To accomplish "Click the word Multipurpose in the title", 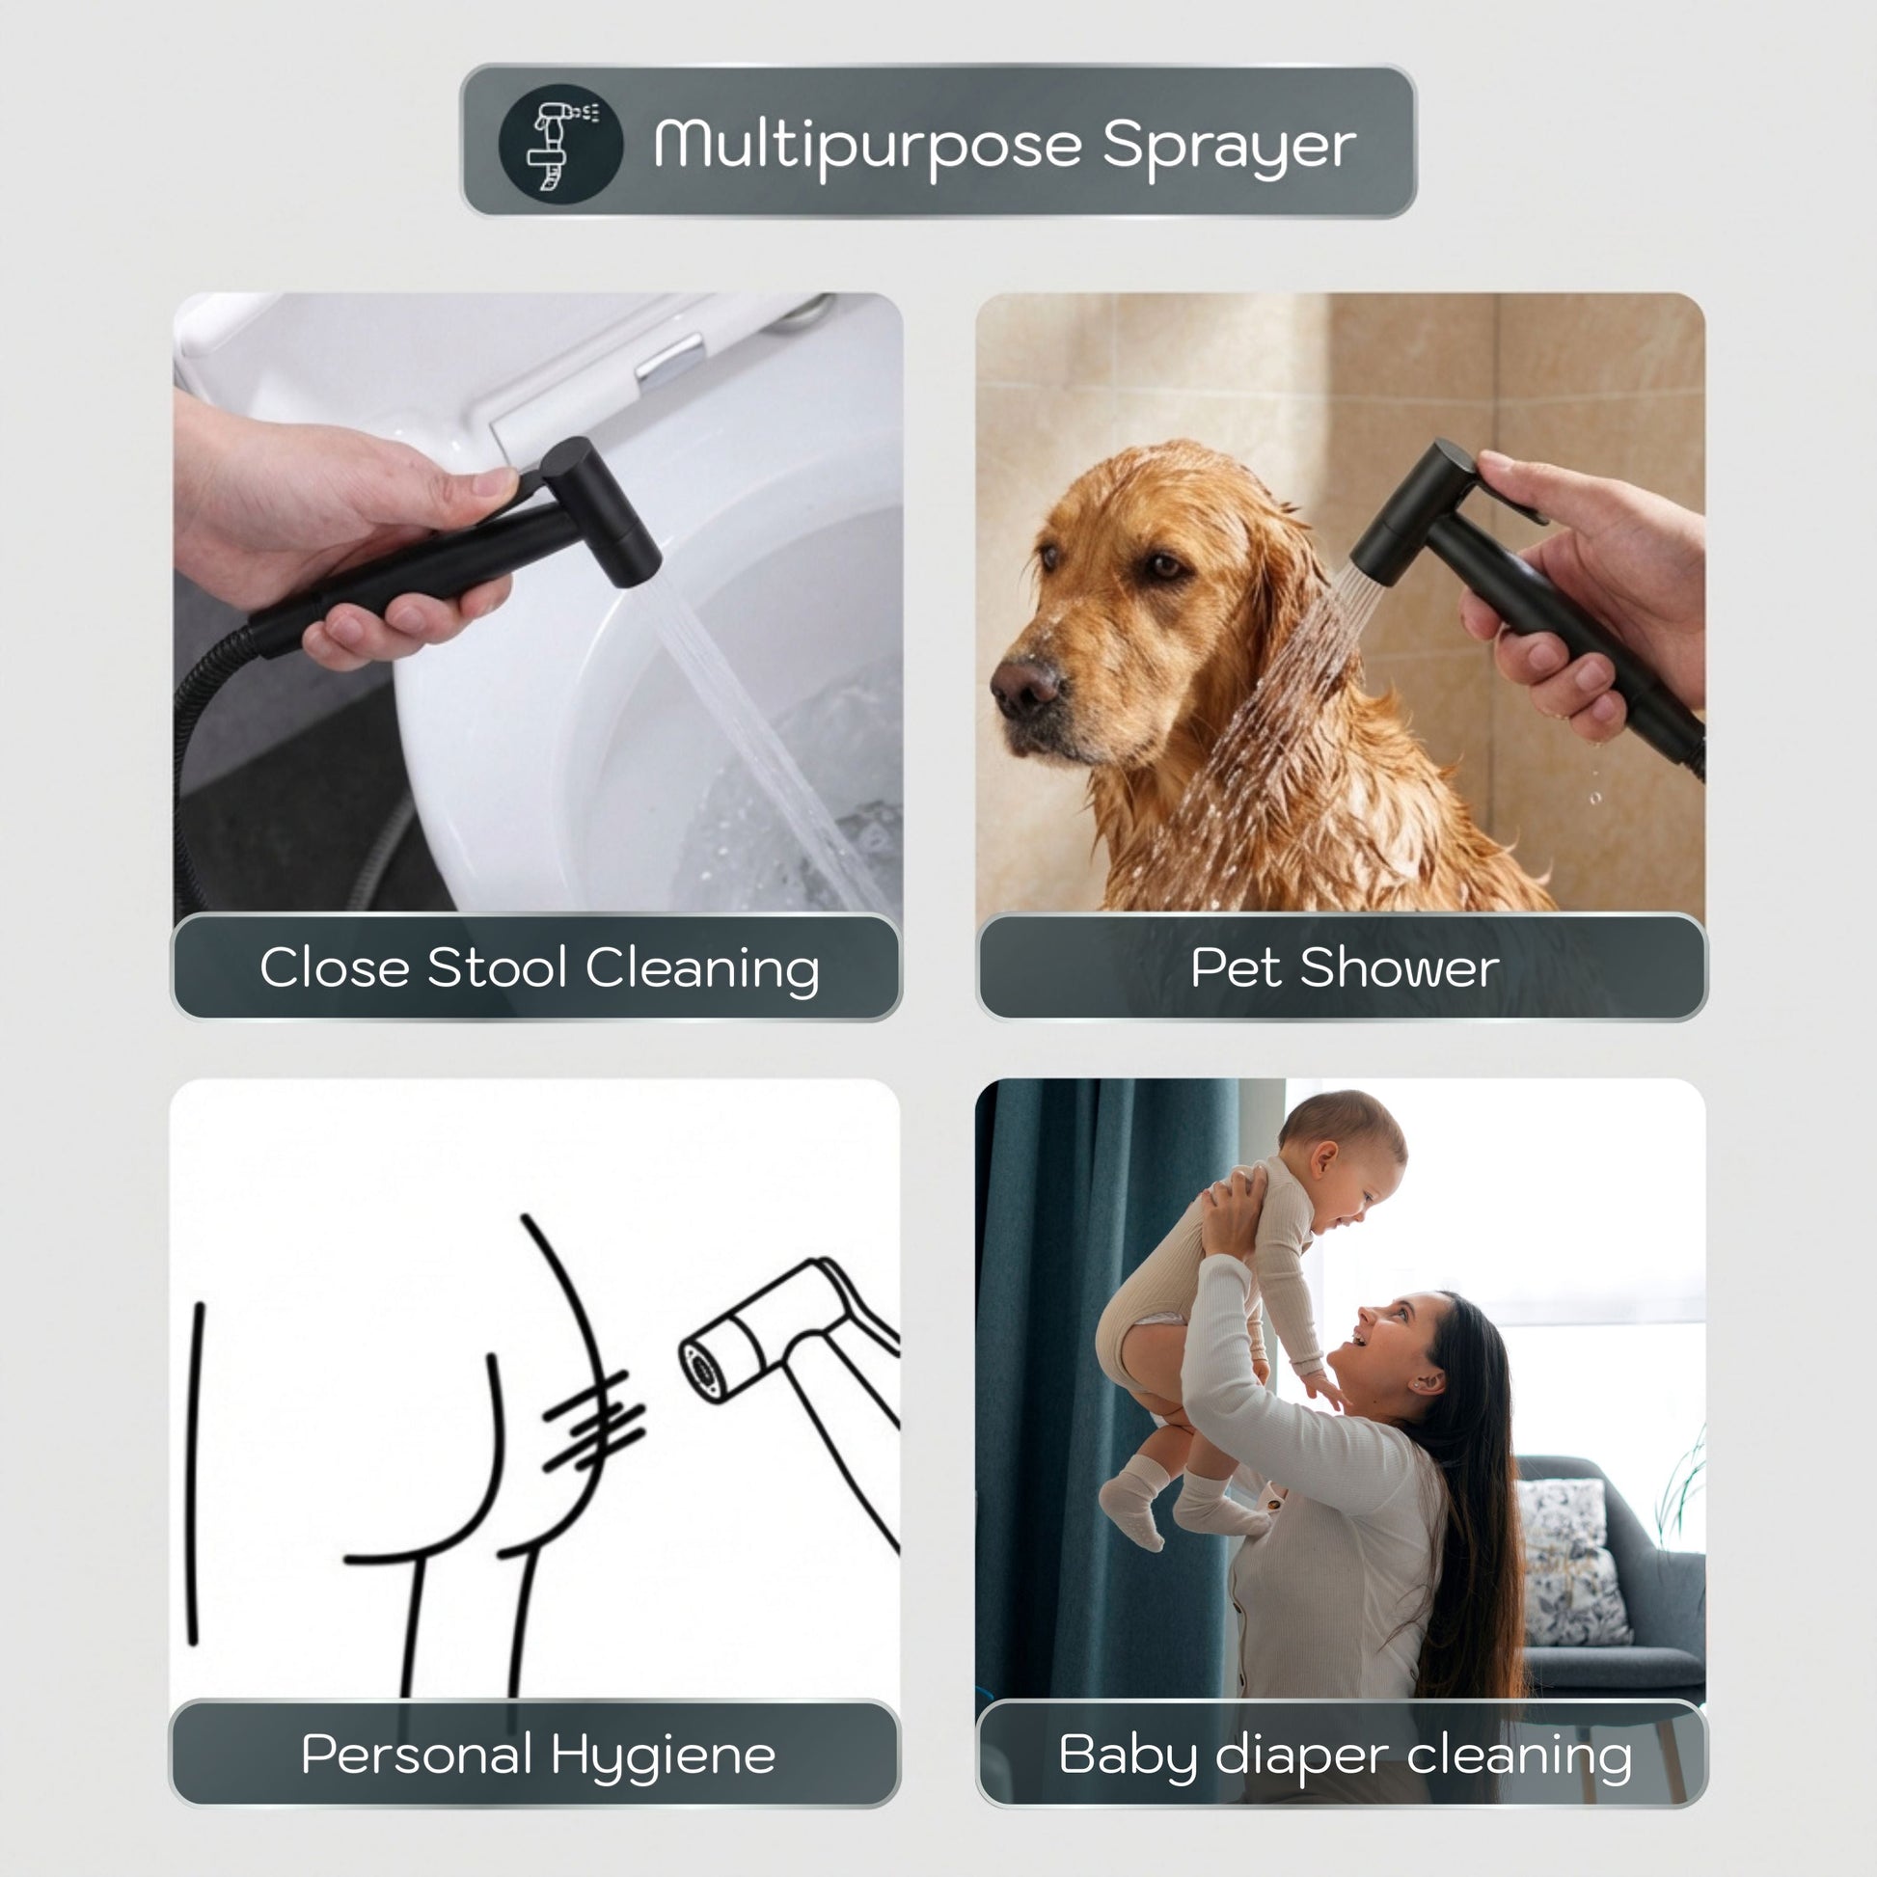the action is point(867,146).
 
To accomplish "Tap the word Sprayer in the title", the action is point(1229,148).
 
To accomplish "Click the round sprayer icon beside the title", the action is point(560,144).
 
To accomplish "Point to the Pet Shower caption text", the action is point(1345,967).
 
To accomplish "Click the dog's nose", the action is point(1025,682).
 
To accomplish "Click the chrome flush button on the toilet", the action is point(669,359).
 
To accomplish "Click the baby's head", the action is point(1345,1159).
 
